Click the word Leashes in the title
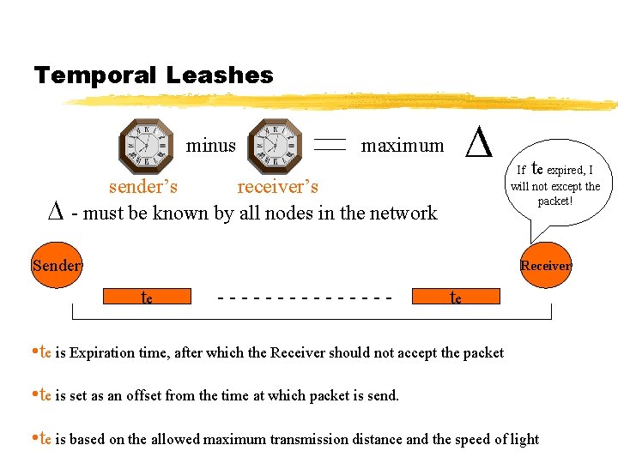pyautogui.click(x=220, y=75)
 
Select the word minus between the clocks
pyautogui.click(x=210, y=146)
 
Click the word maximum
pyautogui.click(x=403, y=146)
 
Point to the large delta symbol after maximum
pyautogui.click(x=478, y=142)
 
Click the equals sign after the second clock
pyautogui.click(x=330, y=146)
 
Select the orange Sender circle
pyautogui.click(x=57, y=265)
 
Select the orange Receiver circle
pyautogui.click(x=546, y=266)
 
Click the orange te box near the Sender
pyautogui.click(x=147, y=297)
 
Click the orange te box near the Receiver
pyautogui.click(x=456, y=297)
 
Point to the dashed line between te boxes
pyautogui.click(x=306, y=298)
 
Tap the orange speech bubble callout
pyautogui.click(x=555, y=185)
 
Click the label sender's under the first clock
pyautogui.click(x=143, y=186)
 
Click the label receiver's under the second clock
pyautogui.click(x=277, y=186)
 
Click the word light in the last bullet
pyautogui.click(x=524, y=439)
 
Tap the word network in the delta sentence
pyautogui.click(x=403, y=213)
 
